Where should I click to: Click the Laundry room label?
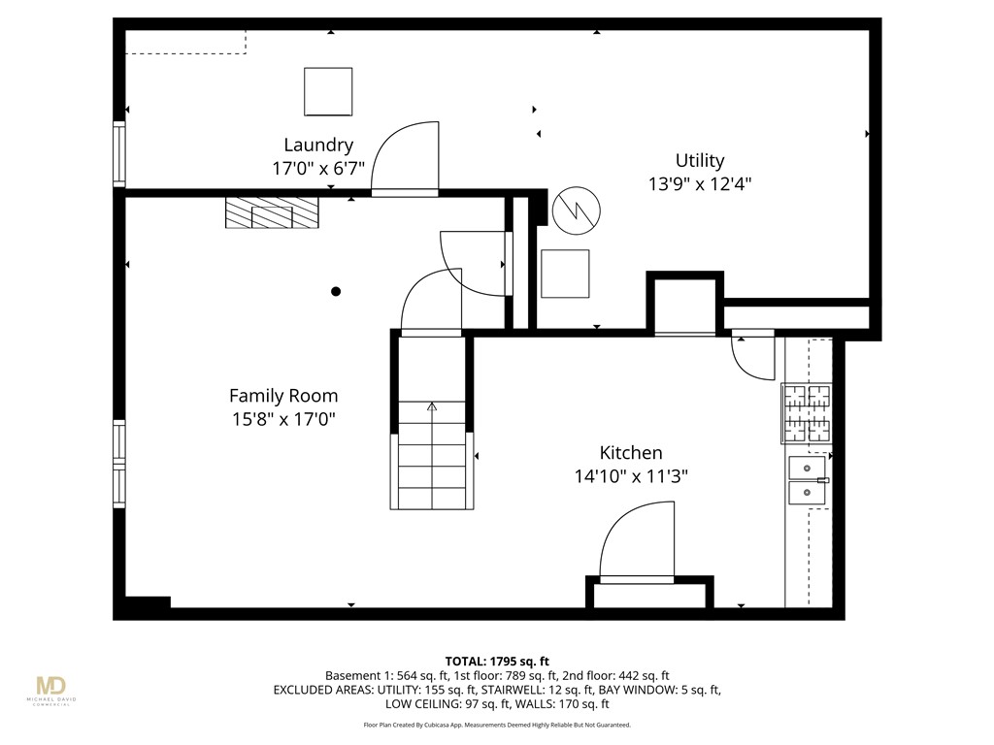pyautogui.click(x=318, y=146)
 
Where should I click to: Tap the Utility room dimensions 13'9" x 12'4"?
pyautogui.click(x=700, y=183)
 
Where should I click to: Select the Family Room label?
pyautogui.click(x=283, y=396)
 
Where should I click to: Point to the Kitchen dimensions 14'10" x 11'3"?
pyautogui.click(x=630, y=475)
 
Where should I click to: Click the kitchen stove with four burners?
pyautogui.click(x=808, y=412)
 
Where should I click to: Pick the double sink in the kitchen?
pyautogui.click(x=808, y=480)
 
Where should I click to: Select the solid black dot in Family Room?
pyautogui.click(x=336, y=291)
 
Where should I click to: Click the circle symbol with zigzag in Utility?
pyautogui.click(x=577, y=210)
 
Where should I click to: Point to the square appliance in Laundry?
pyautogui.click(x=327, y=92)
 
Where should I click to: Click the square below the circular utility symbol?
pyautogui.click(x=565, y=274)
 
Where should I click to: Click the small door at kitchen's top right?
pyautogui.click(x=753, y=355)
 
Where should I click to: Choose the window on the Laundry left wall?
pyautogui.click(x=119, y=153)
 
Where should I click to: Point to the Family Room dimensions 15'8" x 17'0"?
pyautogui.click(x=283, y=419)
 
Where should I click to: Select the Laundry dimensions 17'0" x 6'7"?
pyautogui.click(x=318, y=168)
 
